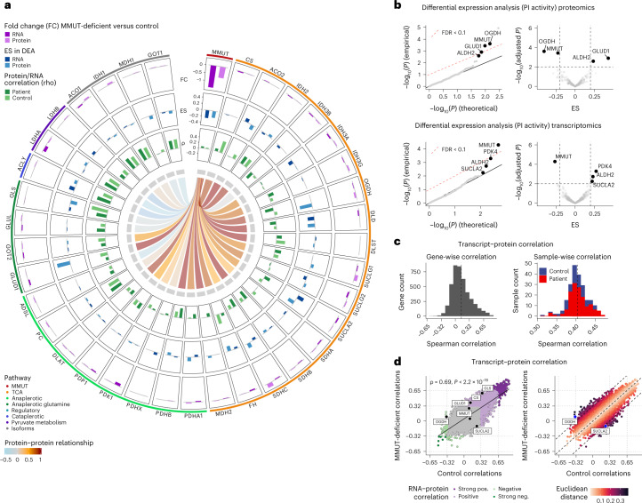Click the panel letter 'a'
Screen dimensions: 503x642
[6, 6]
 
